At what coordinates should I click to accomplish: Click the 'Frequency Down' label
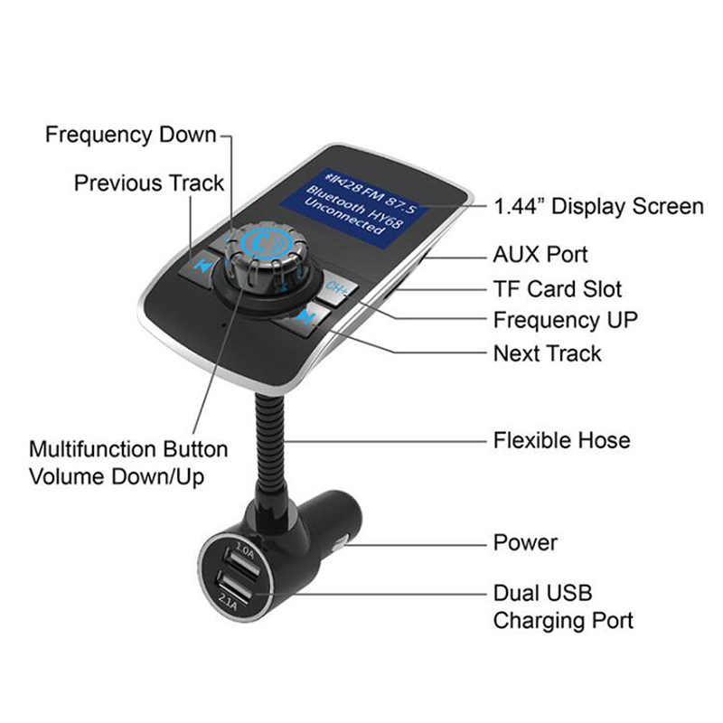pos(131,135)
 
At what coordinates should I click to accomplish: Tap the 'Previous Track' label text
pos(149,183)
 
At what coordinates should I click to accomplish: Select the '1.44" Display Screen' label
pos(598,206)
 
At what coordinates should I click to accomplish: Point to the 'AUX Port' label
pos(540,255)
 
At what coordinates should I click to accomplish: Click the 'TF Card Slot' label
pos(558,289)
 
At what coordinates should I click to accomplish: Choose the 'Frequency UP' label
pos(566,321)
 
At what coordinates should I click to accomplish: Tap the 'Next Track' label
pos(548,353)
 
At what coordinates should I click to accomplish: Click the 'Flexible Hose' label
pos(561,440)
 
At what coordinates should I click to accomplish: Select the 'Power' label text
pos(525,543)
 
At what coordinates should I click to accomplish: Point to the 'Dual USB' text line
pos(543,593)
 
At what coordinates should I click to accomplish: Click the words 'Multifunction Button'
pos(128,449)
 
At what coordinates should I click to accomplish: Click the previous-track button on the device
pos(198,265)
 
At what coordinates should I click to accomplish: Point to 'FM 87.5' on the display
pos(391,199)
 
